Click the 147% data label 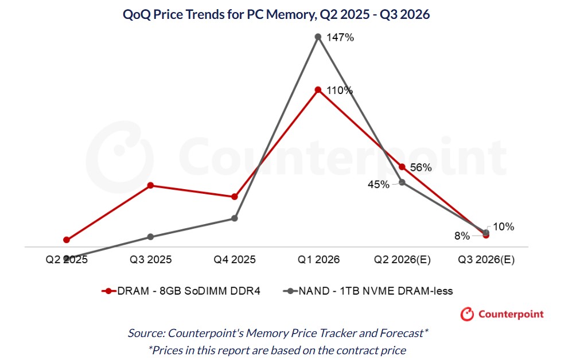point(340,38)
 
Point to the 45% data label point(379,185)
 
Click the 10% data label point(503,227)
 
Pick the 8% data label point(462,236)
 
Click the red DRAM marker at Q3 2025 point(150,185)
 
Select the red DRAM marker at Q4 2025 point(234,197)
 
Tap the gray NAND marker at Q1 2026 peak point(318,37)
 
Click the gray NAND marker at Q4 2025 point(234,218)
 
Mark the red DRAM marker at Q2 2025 point(67,240)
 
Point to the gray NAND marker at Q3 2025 point(150,237)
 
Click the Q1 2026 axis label point(318,260)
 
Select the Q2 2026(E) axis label point(402,260)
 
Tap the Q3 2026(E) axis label point(486,260)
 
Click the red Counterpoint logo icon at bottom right point(468,314)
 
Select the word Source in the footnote point(146,332)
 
